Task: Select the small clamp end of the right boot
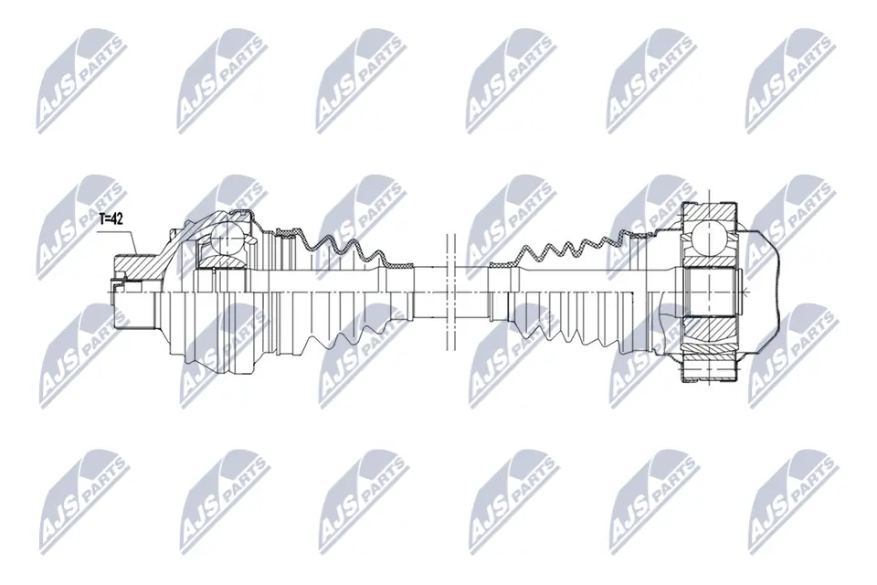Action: (x=502, y=265)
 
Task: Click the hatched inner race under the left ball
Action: (x=224, y=262)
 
